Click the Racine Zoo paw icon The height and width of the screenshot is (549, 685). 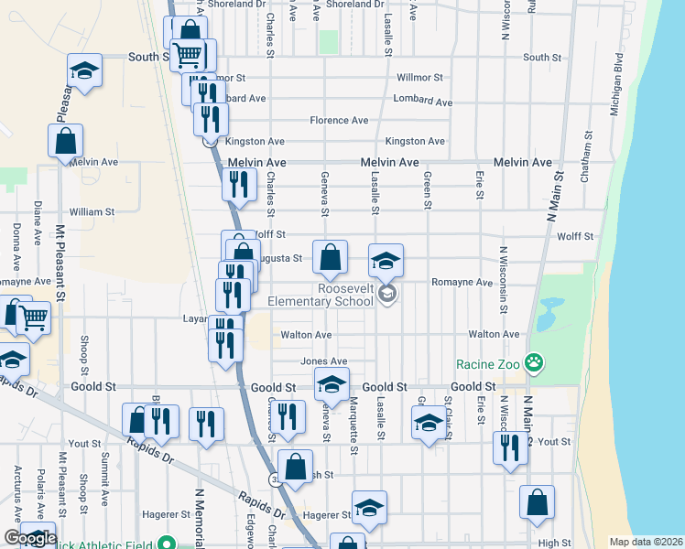[x=534, y=364]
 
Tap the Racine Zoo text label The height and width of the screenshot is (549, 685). [x=489, y=364]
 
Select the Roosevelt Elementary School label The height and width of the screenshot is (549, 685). [x=320, y=294]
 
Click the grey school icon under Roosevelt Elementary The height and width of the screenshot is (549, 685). [x=386, y=293]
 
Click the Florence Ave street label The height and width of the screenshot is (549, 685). [x=339, y=120]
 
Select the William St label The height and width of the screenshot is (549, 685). [x=92, y=211]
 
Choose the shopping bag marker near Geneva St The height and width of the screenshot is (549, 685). [x=330, y=259]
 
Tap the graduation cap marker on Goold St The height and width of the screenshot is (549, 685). [x=332, y=385]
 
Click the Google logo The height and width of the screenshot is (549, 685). [x=29, y=538]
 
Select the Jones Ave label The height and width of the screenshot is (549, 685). [x=331, y=361]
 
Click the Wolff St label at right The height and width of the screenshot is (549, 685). [x=575, y=236]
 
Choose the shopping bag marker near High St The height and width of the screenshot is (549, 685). [x=537, y=502]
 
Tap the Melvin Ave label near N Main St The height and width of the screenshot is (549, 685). [x=523, y=162]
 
